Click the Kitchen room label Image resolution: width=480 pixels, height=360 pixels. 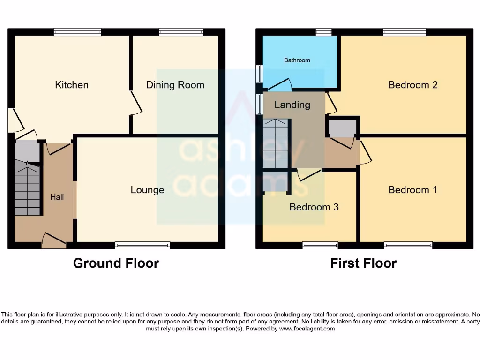coord(72,85)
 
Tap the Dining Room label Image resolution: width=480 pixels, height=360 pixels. coord(175,85)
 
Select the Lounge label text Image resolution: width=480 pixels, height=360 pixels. coord(147,190)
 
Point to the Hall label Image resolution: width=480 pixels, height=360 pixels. coord(57,197)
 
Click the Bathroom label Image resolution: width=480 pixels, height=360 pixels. coord(297,60)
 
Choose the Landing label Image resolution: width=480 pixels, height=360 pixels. coord(292,105)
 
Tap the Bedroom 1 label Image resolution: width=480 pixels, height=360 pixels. coord(412,190)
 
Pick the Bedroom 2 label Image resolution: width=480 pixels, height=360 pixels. coord(413,85)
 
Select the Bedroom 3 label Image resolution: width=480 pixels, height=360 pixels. coord(314,207)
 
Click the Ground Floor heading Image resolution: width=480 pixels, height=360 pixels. coord(116,263)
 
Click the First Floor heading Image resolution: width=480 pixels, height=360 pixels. coord(363,263)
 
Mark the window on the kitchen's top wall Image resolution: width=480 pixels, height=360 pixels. coord(77,32)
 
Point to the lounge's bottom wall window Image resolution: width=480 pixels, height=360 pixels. coord(142,245)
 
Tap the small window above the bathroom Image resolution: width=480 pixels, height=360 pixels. coord(323,32)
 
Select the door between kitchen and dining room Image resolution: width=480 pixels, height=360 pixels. coord(136,102)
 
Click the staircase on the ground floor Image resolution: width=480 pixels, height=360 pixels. coord(27,190)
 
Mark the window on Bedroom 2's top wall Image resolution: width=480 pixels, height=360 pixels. coord(404,32)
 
